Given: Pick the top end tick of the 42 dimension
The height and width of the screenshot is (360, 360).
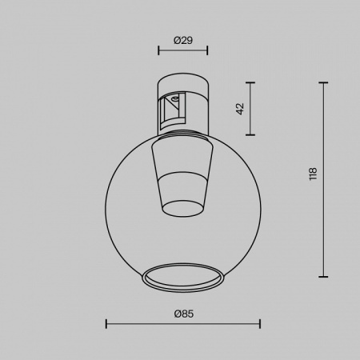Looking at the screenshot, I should [251, 82].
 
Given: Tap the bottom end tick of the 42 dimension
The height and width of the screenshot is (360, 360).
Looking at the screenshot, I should [251, 134].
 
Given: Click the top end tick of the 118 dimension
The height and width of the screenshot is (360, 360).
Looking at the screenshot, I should [325, 82].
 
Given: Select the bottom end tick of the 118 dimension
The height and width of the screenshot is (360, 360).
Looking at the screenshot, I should [325, 273].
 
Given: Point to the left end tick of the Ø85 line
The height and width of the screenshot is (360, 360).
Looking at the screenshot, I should [107, 323].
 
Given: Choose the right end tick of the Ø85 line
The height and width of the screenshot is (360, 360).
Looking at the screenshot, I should [260, 323].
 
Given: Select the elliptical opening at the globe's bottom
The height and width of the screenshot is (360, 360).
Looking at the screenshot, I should [183, 276].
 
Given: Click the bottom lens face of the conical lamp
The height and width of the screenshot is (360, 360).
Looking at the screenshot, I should [183, 209].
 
